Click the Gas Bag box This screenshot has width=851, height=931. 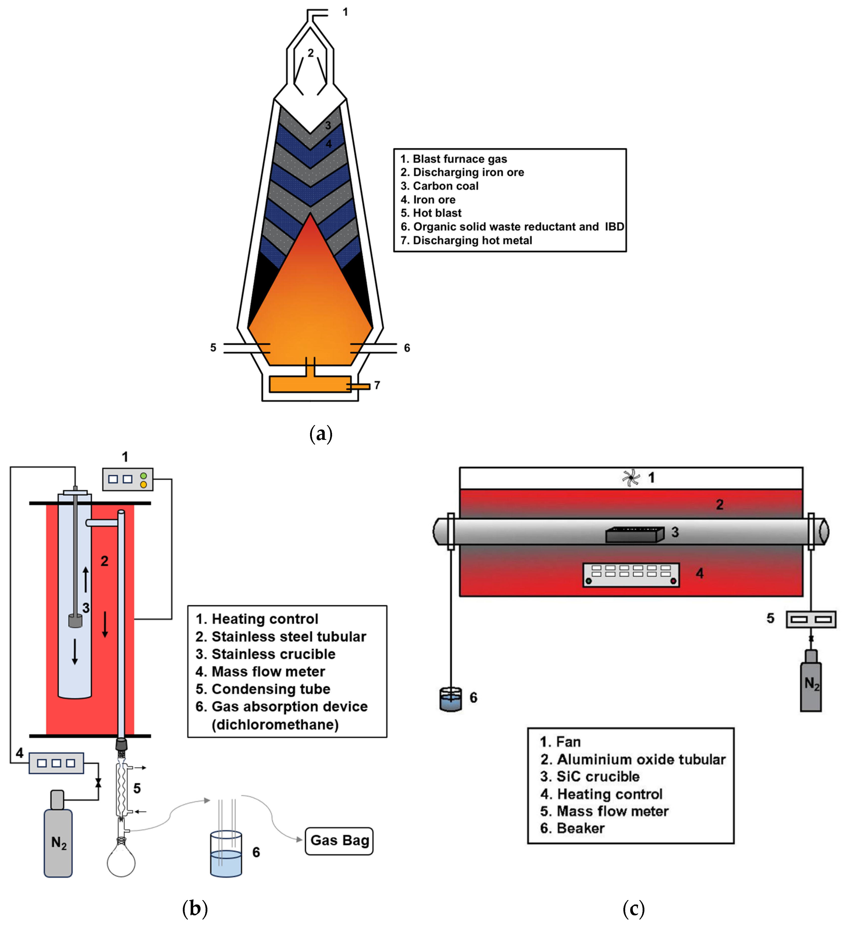click(339, 841)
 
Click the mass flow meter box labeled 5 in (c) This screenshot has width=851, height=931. click(811, 619)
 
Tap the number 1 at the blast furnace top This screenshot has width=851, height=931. click(345, 12)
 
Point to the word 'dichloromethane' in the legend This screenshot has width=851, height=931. click(275, 724)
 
